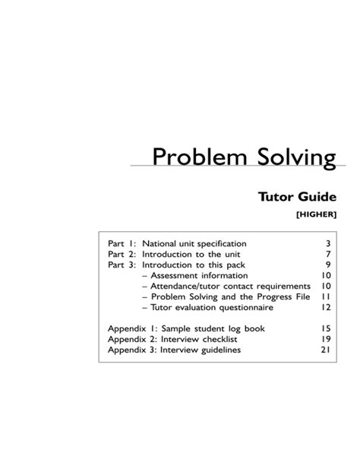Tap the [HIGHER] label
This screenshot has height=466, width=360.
(x=316, y=215)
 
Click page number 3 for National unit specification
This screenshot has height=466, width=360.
(x=328, y=243)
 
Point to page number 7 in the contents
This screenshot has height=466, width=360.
(x=328, y=254)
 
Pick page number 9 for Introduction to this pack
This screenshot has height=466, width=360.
(x=328, y=265)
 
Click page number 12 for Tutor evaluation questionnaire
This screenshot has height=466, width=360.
(x=326, y=307)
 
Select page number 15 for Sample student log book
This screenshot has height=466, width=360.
(x=326, y=328)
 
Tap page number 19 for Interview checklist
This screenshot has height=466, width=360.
(x=326, y=339)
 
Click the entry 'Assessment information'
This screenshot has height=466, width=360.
(x=199, y=275)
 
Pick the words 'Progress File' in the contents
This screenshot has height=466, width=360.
(x=283, y=296)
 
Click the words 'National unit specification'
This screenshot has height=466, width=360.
(x=194, y=243)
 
